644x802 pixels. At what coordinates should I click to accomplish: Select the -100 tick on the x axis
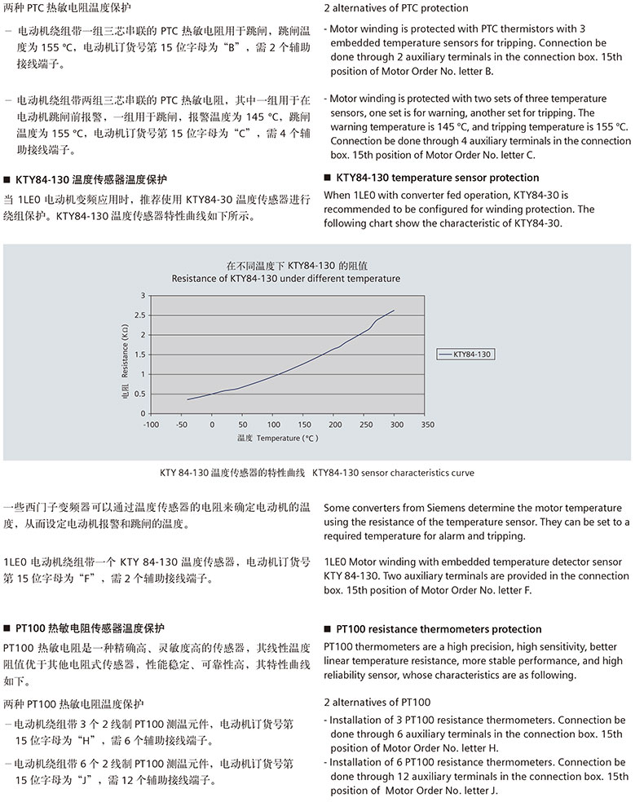point(151,425)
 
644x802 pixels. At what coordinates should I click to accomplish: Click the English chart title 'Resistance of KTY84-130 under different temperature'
point(285,279)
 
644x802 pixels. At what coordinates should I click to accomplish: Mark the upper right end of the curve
point(395,310)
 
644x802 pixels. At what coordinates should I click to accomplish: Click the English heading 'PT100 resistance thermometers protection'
point(439,629)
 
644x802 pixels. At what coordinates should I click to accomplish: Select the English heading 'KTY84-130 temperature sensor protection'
point(437,178)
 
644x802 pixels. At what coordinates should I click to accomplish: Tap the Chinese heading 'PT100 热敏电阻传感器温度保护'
point(90,628)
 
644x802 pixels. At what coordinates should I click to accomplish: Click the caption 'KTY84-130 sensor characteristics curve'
point(393,473)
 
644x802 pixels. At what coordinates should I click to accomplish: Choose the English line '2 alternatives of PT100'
point(377,703)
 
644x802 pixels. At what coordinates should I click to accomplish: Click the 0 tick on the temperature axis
point(213,425)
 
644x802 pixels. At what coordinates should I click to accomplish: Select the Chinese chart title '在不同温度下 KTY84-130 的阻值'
point(286,266)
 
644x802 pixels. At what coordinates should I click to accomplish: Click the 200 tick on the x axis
point(335,425)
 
